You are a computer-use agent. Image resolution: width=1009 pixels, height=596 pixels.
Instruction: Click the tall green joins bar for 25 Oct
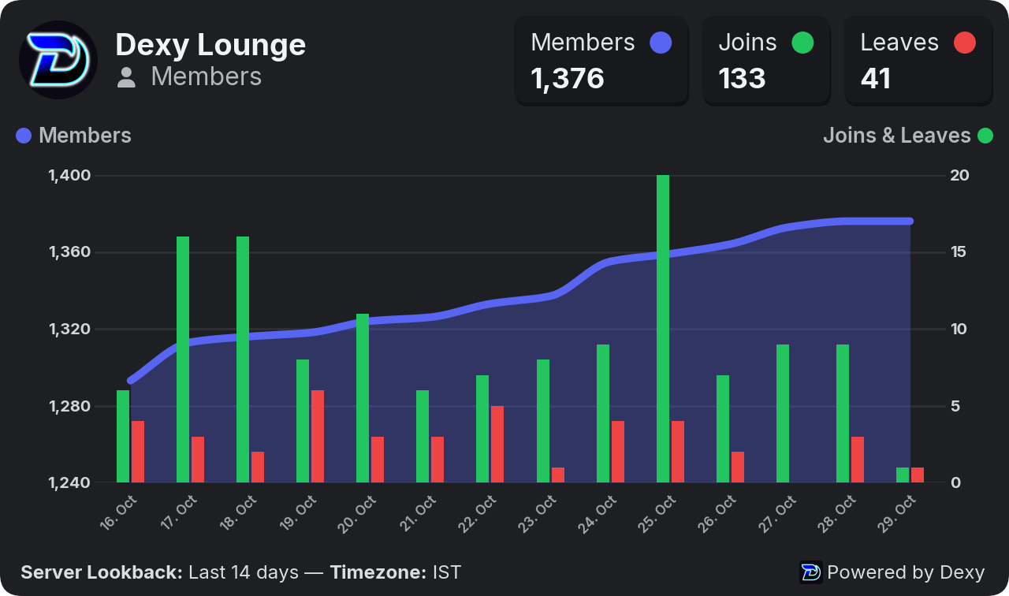pyautogui.click(x=663, y=329)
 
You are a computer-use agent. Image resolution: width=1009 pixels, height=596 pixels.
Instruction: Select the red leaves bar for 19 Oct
pyautogui.click(x=318, y=437)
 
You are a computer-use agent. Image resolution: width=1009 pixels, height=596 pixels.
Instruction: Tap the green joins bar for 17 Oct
pyautogui.click(x=183, y=359)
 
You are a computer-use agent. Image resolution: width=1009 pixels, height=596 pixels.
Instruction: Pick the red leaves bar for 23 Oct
pyautogui.click(x=557, y=475)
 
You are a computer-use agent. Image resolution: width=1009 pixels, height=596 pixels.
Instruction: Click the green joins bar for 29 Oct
pyautogui.click(x=903, y=475)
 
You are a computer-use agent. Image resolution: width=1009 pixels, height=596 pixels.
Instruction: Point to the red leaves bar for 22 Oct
pyautogui.click(x=497, y=444)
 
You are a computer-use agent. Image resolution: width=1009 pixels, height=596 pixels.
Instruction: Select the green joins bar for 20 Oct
pyautogui.click(x=363, y=398)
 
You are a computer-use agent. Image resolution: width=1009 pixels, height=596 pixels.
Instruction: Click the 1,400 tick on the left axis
pyautogui.click(x=69, y=175)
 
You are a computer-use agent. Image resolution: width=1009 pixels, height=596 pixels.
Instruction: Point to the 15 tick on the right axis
pyautogui.click(x=959, y=251)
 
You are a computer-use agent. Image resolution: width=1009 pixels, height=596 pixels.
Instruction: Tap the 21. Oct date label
pyautogui.click(x=418, y=513)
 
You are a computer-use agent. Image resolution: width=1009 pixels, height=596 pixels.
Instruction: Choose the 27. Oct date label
pyautogui.click(x=777, y=514)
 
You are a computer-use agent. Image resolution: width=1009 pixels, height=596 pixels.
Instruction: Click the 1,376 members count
pyautogui.click(x=567, y=79)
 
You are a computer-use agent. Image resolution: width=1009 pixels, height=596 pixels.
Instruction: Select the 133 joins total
pyautogui.click(x=742, y=78)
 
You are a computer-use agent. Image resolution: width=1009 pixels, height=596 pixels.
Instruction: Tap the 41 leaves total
pyautogui.click(x=876, y=78)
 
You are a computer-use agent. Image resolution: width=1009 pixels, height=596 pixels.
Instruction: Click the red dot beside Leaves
pyautogui.click(x=965, y=43)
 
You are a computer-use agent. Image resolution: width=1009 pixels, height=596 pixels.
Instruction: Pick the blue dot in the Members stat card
pyautogui.click(x=661, y=43)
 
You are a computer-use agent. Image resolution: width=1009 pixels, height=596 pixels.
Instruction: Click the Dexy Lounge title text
pyautogui.click(x=210, y=45)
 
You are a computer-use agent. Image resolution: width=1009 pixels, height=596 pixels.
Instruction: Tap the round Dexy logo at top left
pyautogui.click(x=58, y=59)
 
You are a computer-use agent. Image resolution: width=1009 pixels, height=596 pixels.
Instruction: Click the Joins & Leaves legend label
pyautogui.click(x=897, y=135)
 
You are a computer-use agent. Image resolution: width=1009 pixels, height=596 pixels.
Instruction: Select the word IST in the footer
pyautogui.click(x=447, y=572)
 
